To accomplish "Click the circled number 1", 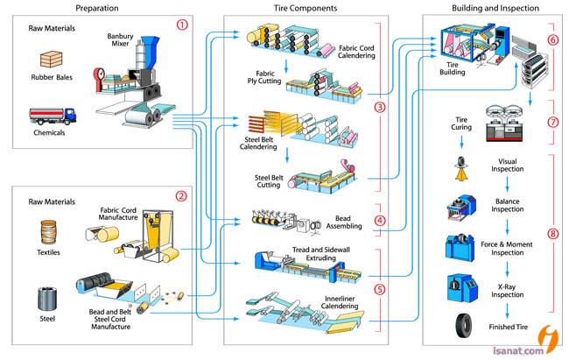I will pos(182,25).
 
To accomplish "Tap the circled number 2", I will pos(182,195).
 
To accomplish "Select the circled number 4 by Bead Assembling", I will pos(380,221).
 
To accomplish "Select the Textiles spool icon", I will pos(49,232).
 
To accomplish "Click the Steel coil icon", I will pos(49,300).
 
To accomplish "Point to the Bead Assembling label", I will pos(354,224).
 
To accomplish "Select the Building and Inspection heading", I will pos(495,8).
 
